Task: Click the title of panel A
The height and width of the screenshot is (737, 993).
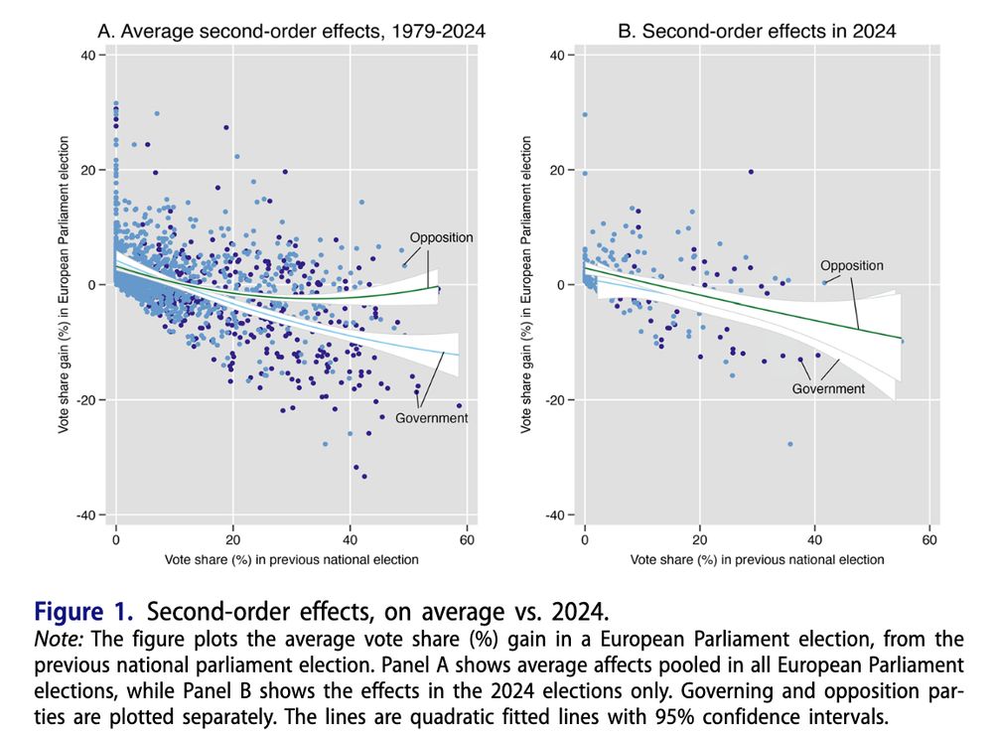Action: pos(297,31)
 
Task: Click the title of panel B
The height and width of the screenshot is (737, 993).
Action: pos(757,31)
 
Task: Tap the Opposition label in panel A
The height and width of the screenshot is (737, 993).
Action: pos(441,237)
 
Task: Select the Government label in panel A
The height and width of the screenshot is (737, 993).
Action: pos(432,418)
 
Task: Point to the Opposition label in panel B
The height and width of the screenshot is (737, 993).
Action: pos(851,265)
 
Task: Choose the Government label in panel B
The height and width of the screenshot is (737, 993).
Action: pos(828,388)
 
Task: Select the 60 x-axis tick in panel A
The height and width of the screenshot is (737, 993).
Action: pos(467,540)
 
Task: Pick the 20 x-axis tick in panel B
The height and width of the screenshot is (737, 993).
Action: pos(700,540)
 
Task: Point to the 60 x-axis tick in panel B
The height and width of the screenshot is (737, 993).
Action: pos(929,540)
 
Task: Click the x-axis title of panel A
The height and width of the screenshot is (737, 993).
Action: pos(292,559)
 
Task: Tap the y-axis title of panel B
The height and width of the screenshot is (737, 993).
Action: pos(526,285)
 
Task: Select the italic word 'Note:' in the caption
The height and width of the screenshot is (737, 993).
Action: pos(60,638)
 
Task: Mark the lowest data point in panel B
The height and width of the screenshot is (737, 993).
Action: pos(790,444)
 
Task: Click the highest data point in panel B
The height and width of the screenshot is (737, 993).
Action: pos(585,114)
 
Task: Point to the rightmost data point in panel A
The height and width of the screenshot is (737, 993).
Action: pos(459,405)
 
